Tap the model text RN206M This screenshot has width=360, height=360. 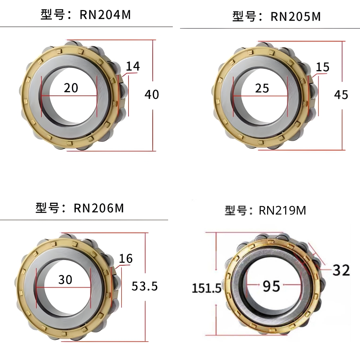coord(99,208)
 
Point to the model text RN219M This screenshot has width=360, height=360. coord(282,210)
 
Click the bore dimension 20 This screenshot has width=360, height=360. coord(71,87)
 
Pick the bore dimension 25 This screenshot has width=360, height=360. coord(262,88)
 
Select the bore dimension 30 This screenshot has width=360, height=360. coord(65,279)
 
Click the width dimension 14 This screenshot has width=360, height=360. coord(133,66)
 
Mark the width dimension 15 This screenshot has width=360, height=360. coord(322,67)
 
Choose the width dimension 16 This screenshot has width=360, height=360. coord(126,258)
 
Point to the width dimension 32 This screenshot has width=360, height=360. coord(341,270)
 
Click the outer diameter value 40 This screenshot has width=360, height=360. coord(152,94)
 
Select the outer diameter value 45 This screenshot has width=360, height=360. coord(341,95)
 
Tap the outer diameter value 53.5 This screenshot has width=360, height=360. coord(144,286)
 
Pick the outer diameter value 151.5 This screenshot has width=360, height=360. coord(206,288)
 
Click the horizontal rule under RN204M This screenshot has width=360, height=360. coord(86,27)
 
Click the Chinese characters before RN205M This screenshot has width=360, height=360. coord(244,17)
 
